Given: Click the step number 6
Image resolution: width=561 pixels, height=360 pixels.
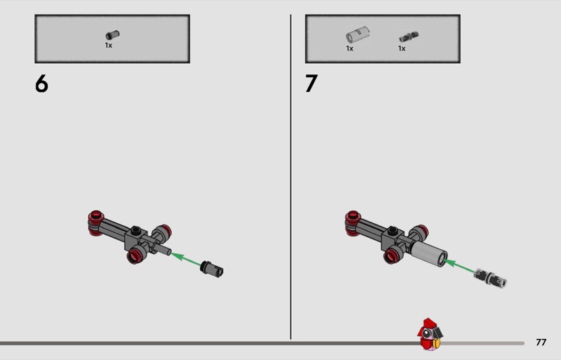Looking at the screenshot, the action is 41,84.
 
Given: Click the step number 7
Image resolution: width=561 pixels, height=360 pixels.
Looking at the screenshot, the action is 311,84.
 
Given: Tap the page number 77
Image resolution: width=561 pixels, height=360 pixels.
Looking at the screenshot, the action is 541,342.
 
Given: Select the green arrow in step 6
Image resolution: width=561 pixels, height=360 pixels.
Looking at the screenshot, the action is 186,259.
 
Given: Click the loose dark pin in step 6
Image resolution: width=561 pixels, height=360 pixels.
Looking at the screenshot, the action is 212,269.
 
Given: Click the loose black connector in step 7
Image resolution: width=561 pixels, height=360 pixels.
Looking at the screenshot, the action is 490,279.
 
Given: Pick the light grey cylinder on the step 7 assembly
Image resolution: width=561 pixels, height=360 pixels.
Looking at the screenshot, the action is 429,253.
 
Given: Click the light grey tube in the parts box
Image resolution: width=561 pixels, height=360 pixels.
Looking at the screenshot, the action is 358,35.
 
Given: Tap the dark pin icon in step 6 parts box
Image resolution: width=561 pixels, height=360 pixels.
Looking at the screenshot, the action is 112,35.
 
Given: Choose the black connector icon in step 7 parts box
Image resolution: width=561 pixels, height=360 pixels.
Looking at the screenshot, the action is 409,37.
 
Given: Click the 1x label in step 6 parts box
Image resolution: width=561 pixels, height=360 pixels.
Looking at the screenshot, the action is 109,46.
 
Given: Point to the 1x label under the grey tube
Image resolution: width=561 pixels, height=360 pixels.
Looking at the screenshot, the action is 349,48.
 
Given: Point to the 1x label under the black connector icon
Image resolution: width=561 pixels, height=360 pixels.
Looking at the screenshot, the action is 402,48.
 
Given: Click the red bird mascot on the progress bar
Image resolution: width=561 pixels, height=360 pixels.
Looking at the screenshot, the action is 430,334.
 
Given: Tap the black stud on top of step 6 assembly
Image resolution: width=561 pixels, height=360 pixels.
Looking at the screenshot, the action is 135,230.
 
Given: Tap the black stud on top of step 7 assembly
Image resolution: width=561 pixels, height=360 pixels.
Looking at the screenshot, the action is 392,231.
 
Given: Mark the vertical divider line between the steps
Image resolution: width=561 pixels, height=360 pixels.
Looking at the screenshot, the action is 290,177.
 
